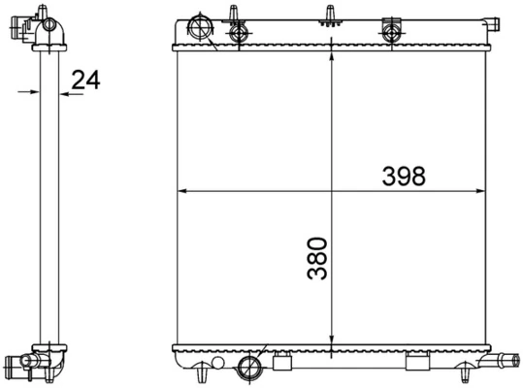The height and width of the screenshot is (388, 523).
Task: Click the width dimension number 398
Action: [404, 176]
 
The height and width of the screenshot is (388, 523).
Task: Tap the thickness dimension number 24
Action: [86, 81]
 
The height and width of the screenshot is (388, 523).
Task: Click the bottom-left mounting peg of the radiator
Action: [200, 372]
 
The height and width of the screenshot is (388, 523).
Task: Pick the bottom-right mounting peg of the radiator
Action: [467, 372]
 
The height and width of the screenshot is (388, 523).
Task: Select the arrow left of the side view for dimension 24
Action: [25, 93]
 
